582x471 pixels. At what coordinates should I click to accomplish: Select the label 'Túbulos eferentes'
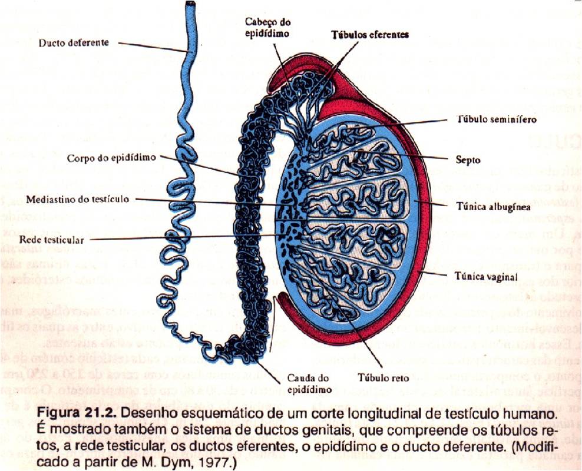[369, 35]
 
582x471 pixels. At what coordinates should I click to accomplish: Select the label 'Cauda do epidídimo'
[307, 384]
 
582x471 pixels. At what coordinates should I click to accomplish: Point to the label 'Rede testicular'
[51, 240]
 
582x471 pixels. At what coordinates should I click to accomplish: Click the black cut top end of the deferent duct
[190, 4]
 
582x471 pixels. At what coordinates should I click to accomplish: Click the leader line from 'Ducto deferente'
[153, 47]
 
